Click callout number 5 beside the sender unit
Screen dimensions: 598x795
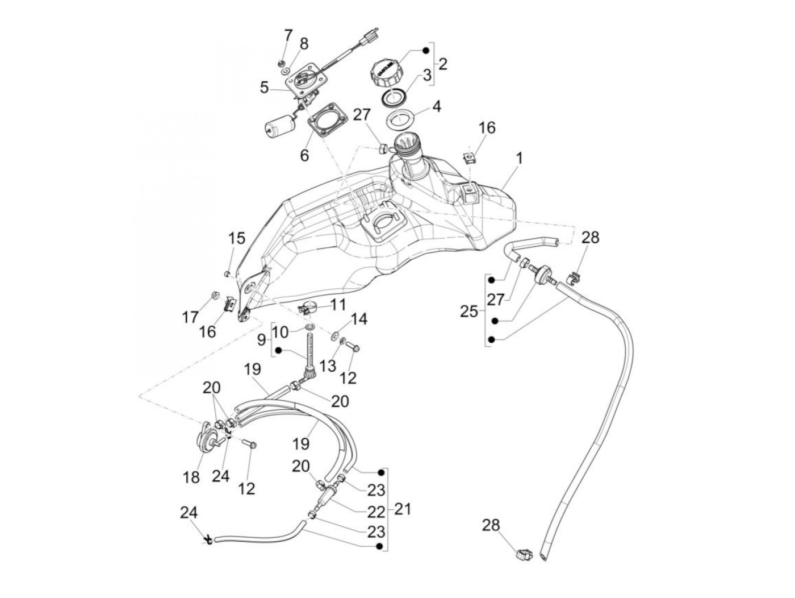click(264, 88)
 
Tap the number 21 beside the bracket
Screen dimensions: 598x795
click(402, 509)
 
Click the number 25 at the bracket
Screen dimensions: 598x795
click(469, 312)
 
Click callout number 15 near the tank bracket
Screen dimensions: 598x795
click(236, 238)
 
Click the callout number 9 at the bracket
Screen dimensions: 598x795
click(261, 340)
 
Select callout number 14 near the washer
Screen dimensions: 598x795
click(359, 319)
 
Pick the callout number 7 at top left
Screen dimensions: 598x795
click(288, 36)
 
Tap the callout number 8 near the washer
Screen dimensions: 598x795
click(304, 44)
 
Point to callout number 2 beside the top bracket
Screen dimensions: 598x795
click(442, 63)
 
